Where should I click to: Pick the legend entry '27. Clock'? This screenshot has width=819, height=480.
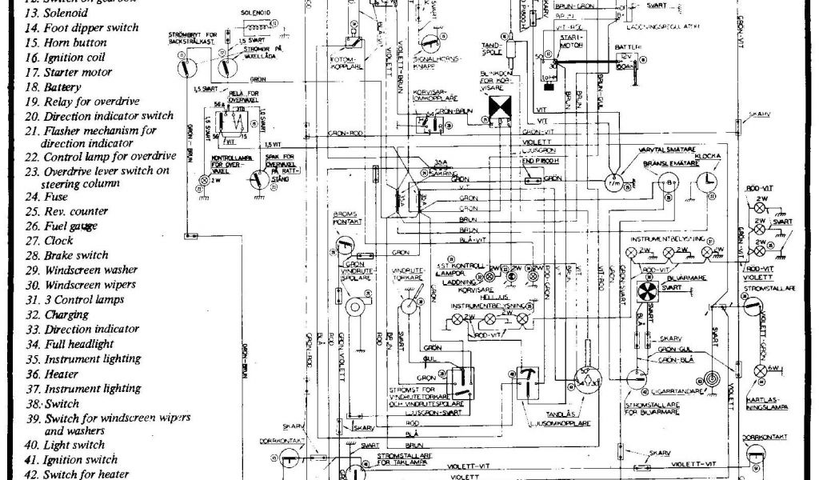click(49, 240)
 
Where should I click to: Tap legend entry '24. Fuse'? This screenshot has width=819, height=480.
click(46, 197)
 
